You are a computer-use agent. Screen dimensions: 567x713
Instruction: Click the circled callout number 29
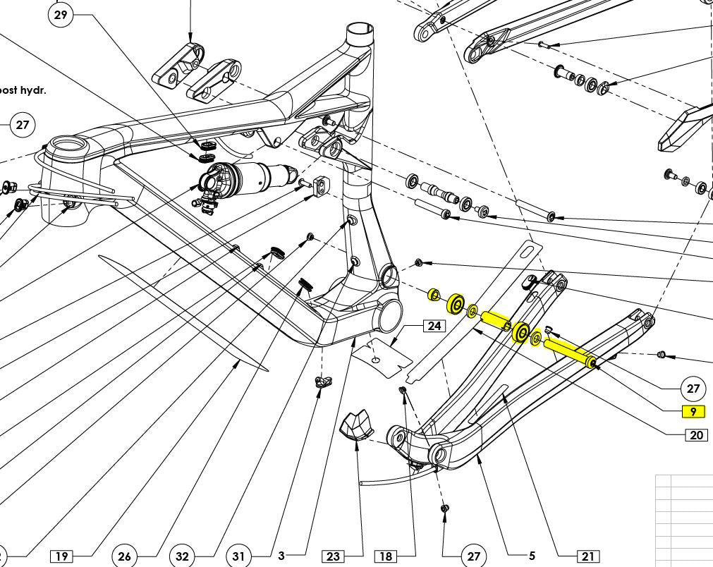coord(61,15)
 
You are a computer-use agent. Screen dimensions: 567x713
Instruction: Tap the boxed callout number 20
coord(697,435)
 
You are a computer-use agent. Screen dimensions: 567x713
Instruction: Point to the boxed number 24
coord(434,326)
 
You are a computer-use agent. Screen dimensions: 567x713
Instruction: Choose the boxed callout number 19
coord(61,556)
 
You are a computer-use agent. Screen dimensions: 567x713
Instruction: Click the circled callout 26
coord(124,556)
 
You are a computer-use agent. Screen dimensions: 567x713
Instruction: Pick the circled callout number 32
coord(183,556)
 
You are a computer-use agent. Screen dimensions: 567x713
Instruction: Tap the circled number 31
coord(238,556)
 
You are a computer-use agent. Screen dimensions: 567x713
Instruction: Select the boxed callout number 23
coord(334,556)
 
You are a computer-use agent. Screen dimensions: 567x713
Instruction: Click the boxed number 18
coord(386,556)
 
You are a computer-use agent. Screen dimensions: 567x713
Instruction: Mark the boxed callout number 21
coord(587,556)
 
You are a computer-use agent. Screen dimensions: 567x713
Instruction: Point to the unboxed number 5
coord(532,556)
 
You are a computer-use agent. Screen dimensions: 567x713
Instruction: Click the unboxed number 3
coord(281,556)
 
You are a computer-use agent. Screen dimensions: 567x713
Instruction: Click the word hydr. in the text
coord(33,90)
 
